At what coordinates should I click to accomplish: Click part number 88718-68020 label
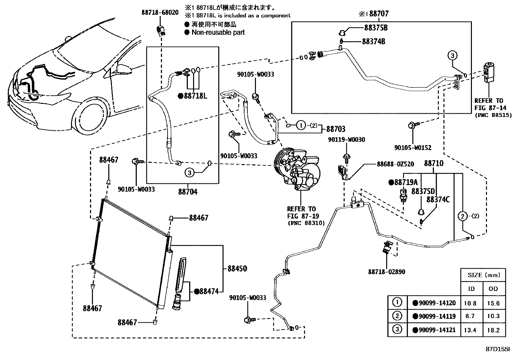coord(160,12)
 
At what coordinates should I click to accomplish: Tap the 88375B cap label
coord(376,28)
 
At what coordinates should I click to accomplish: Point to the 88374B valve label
coord(373,42)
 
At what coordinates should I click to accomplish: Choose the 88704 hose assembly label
coord(188,192)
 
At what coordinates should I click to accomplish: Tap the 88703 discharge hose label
coord(336,129)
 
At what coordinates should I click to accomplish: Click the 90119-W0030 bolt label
coord(347,140)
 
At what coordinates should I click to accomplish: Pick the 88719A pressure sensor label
coord(403,182)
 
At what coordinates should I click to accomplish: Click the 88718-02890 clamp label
coord(386,272)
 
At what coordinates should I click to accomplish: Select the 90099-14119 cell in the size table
coord(434,316)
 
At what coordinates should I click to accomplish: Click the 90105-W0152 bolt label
coord(413,148)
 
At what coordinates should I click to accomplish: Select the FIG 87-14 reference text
coord(488,108)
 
